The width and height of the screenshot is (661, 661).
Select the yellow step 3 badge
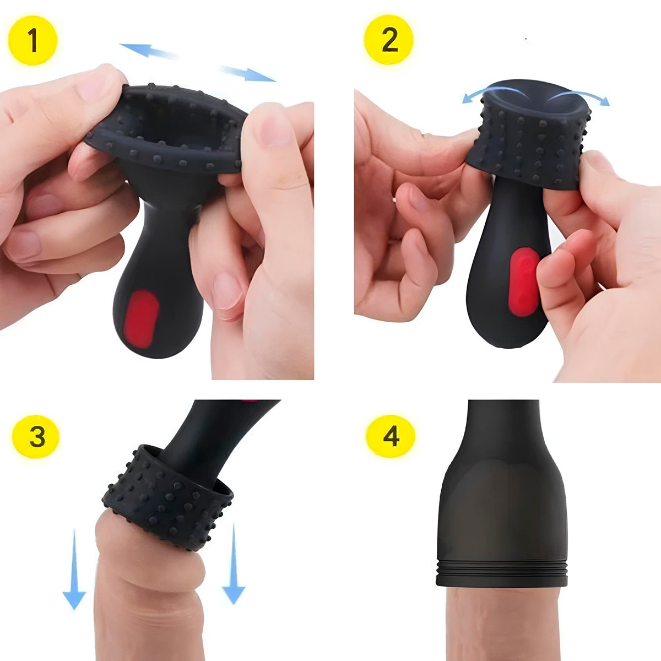(36, 437)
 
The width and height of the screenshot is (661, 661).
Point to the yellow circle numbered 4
(390, 437)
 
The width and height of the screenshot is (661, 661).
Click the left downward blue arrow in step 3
(74, 567)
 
